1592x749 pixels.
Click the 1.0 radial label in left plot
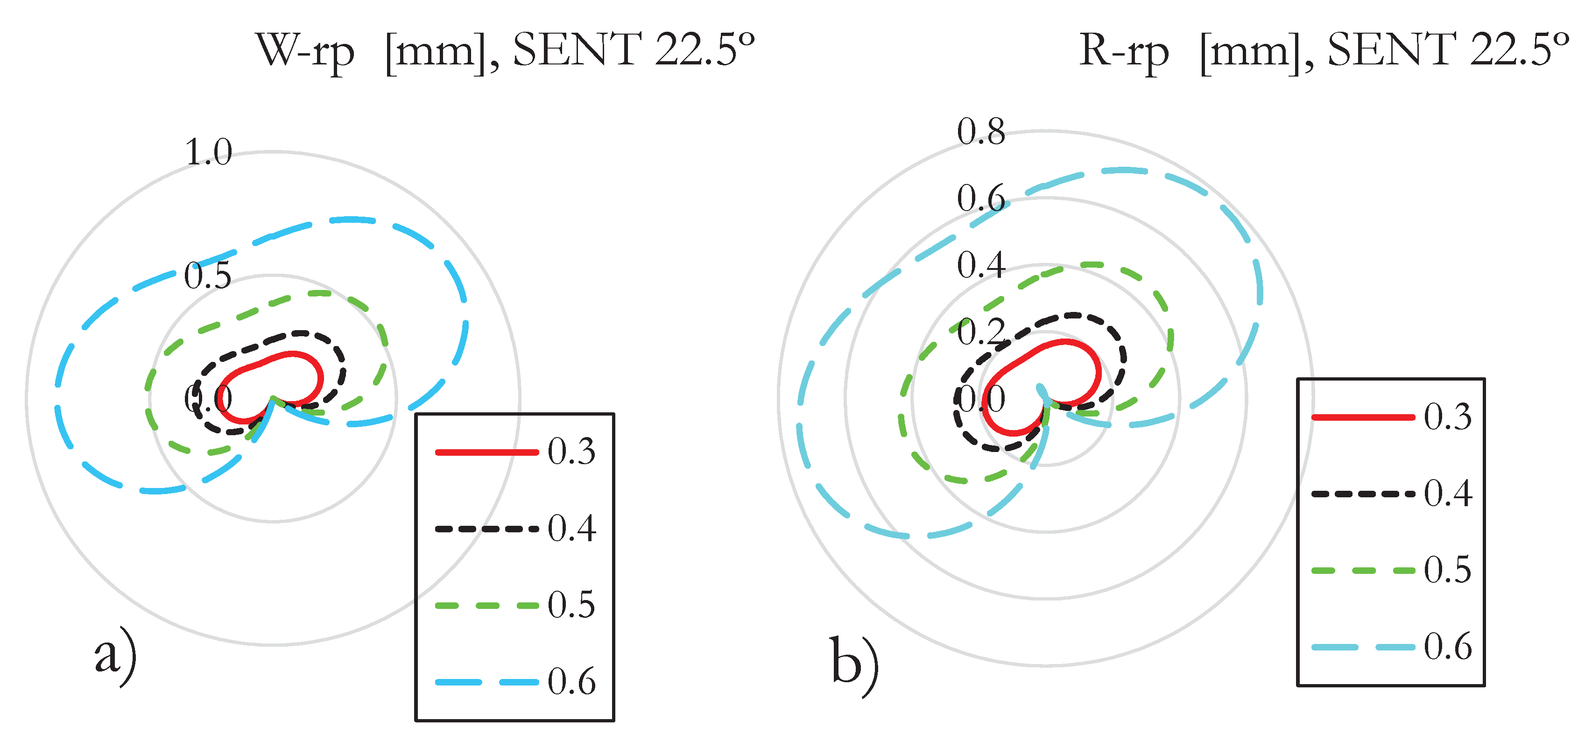click(x=208, y=152)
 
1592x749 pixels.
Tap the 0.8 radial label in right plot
click(x=981, y=132)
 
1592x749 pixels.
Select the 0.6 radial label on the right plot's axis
click(x=981, y=198)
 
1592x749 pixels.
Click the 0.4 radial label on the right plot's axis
click(x=981, y=265)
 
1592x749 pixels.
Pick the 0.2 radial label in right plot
click(x=981, y=332)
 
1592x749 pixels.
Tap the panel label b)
click(x=854, y=664)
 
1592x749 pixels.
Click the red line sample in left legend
click(x=486, y=452)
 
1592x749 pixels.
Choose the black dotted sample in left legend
click(x=486, y=529)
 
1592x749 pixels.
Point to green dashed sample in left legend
click(x=486, y=606)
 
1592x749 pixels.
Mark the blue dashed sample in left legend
click(x=486, y=682)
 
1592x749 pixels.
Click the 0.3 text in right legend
click(x=1447, y=417)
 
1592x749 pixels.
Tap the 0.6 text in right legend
click(x=1447, y=647)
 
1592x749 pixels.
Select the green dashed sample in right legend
click(x=1363, y=571)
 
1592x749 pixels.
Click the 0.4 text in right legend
click(x=1447, y=494)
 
